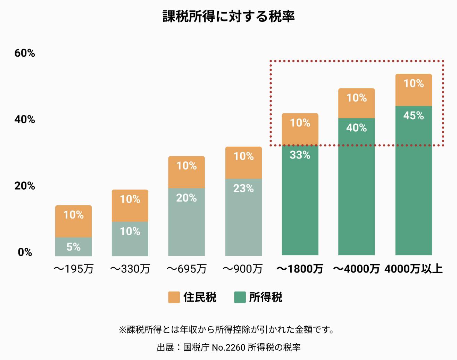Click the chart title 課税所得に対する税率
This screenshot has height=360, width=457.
(228, 16)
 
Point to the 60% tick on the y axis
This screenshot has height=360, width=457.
(25, 53)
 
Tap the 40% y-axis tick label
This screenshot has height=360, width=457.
(25, 120)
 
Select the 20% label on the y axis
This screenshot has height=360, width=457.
(25, 186)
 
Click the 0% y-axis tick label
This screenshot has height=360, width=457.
(25, 252)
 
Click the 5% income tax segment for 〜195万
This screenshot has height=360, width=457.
(73, 247)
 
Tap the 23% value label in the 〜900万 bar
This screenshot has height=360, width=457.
(243, 189)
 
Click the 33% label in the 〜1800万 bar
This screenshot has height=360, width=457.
(300, 155)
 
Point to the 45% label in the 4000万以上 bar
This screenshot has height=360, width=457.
(414, 116)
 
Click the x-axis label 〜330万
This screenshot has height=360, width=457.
(130, 269)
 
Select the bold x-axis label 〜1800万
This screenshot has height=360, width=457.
(300, 269)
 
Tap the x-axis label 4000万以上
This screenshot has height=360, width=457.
(414, 269)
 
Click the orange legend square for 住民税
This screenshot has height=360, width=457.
(174, 297)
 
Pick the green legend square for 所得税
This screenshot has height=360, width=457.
(240, 297)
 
